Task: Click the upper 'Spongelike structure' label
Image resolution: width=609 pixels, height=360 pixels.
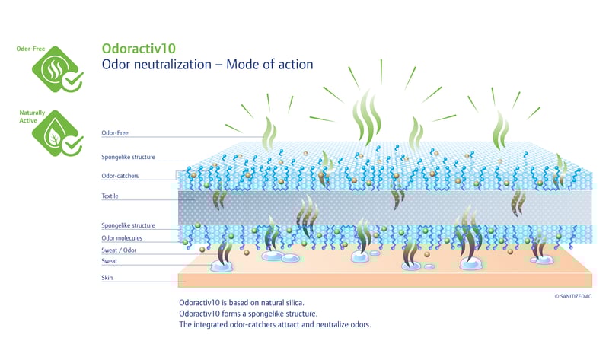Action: tap(129, 157)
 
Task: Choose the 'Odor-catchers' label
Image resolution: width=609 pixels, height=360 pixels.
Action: tap(120, 176)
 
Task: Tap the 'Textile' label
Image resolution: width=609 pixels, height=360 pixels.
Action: tap(110, 196)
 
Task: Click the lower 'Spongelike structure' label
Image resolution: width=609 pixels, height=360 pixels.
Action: tap(129, 225)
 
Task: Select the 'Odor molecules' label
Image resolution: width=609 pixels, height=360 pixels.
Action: tap(122, 238)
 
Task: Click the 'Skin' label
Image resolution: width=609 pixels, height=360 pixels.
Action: tap(107, 278)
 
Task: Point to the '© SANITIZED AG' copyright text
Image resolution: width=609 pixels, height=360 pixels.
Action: tap(580, 295)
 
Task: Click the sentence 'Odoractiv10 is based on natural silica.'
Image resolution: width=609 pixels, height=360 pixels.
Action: tap(242, 302)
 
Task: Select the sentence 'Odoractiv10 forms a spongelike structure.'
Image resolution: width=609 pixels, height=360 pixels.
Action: tap(247, 314)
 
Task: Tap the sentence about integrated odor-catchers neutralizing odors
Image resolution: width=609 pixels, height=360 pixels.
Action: tap(274, 327)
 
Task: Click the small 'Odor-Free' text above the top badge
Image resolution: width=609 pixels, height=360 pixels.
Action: tap(30, 49)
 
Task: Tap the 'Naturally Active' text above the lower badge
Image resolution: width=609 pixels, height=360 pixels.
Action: tap(32, 116)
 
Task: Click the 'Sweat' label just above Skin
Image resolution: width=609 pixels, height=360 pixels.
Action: tap(109, 261)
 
